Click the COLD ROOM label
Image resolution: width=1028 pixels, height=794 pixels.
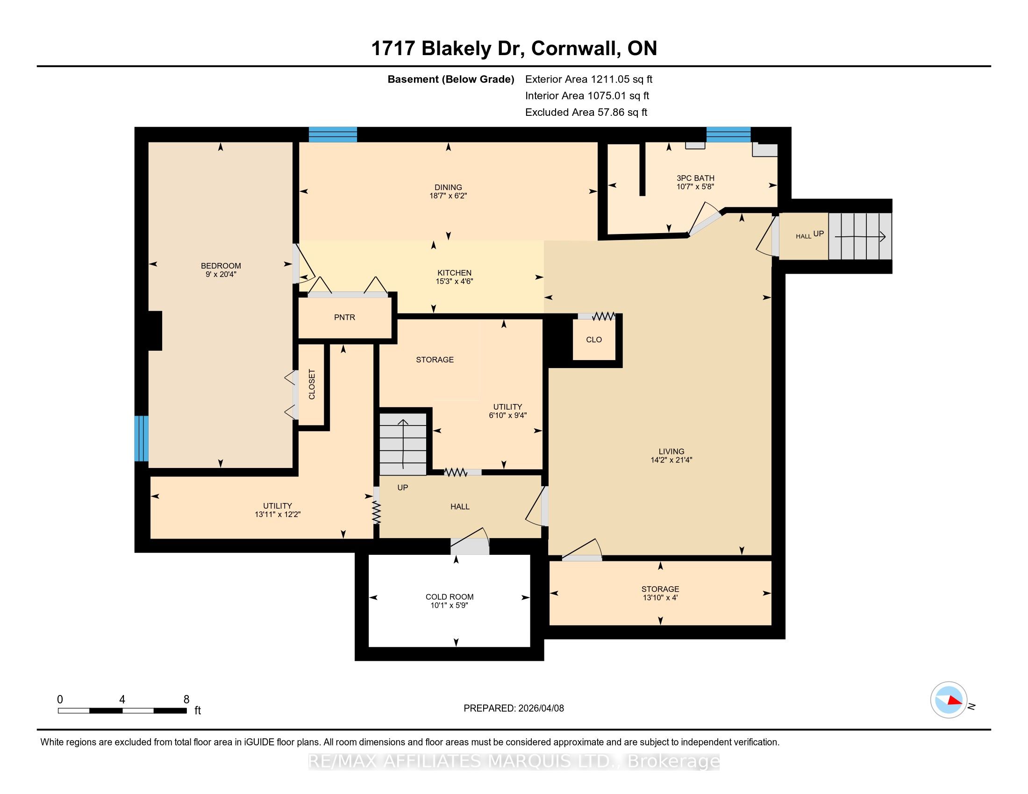[x=450, y=596]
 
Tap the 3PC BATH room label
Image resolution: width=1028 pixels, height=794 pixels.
[x=695, y=178]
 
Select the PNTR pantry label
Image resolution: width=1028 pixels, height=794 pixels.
[x=344, y=317]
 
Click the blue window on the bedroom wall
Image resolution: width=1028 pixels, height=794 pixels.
[x=141, y=438]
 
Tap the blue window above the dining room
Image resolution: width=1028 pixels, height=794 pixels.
[x=333, y=135]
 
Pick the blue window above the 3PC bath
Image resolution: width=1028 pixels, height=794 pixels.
[x=728, y=135]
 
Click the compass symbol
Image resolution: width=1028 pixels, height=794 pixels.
[x=949, y=700]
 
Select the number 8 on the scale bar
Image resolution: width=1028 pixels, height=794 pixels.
[x=186, y=699]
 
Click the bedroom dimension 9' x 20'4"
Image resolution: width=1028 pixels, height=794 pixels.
[x=221, y=274]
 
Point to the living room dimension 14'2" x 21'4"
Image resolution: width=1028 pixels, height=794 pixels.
[x=671, y=460]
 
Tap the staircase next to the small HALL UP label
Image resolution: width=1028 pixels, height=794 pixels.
[x=860, y=236]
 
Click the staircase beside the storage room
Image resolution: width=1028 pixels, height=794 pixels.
[x=403, y=444]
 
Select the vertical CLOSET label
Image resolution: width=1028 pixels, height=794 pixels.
[x=312, y=384]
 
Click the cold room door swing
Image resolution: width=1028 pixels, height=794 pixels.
[x=470, y=541]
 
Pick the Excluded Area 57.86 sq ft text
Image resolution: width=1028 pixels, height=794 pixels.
[x=586, y=112]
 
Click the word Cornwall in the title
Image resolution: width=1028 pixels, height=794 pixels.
[x=574, y=49]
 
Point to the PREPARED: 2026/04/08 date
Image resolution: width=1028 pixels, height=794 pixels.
[x=514, y=708]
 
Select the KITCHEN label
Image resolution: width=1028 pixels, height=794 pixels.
[x=454, y=273]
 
